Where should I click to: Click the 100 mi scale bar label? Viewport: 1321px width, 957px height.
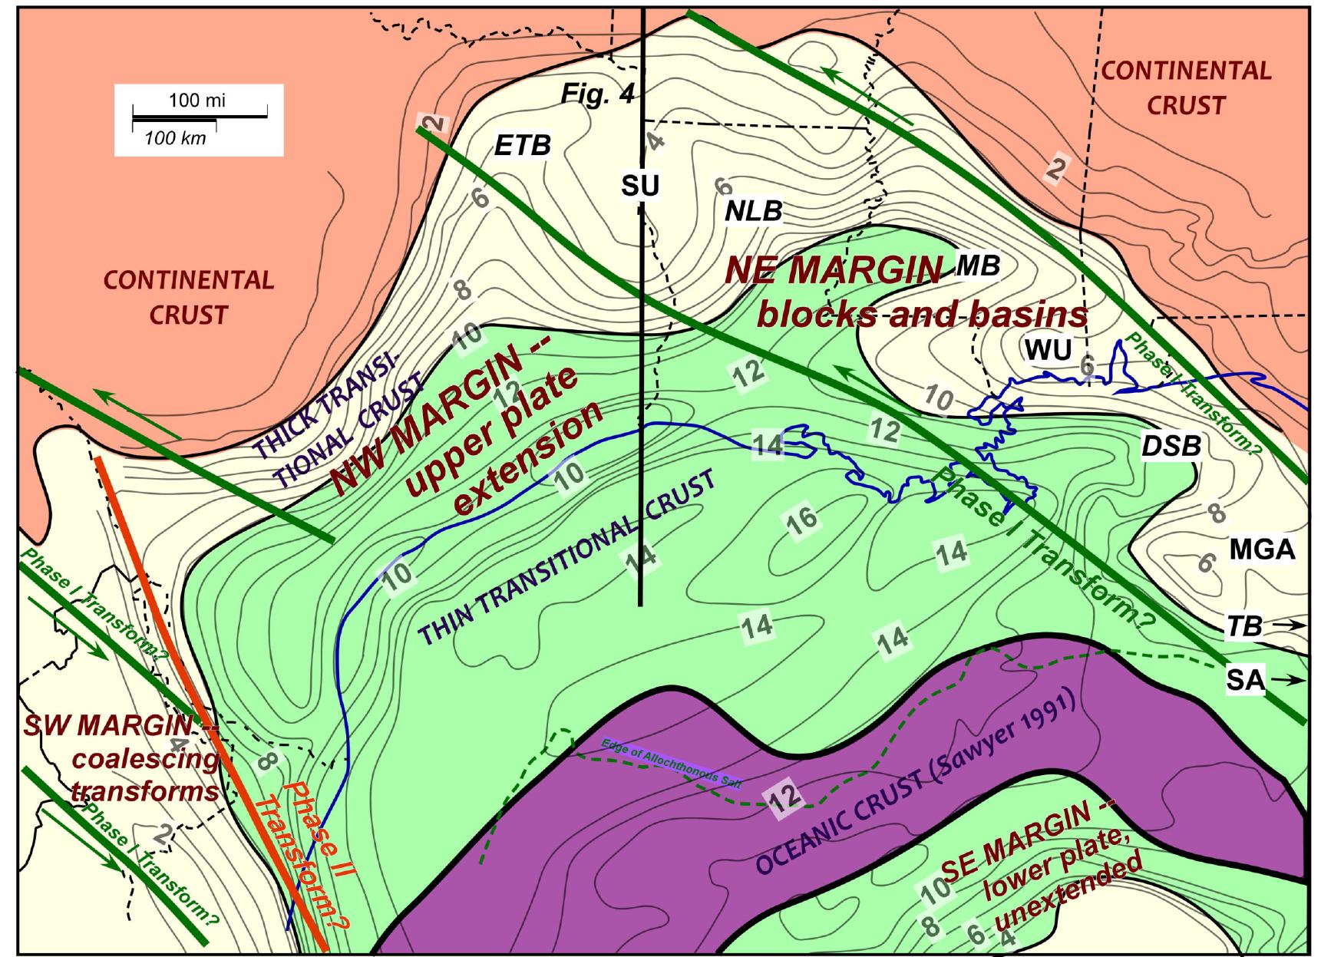pyautogui.click(x=197, y=101)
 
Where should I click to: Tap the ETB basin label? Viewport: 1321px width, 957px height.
pyautogui.click(x=522, y=145)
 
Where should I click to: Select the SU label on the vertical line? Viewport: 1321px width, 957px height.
pyautogui.click(x=640, y=185)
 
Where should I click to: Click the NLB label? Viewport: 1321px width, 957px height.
pyautogui.click(x=754, y=211)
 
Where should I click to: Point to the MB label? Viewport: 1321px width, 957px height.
pyautogui.click(x=979, y=265)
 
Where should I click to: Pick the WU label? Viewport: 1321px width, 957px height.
pyautogui.click(x=1048, y=350)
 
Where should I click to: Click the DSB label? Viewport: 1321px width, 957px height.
pyautogui.click(x=1171, y=445)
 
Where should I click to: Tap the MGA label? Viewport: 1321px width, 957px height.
pyautogui.click(x=1262, y=549)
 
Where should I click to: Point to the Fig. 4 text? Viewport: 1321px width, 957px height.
pyautogui.click(x=597, y=93)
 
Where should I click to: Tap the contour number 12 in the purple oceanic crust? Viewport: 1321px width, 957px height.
pyautogui.click(x=785, y=798)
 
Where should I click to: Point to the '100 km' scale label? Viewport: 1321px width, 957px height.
pyautogui.click(x=175, y=138)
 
